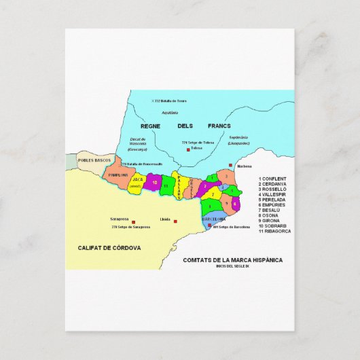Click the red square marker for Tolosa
pyautogui.click(x=187, y=148)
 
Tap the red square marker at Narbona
pyautogui.click(x=231, y=165)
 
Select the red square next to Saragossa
pyautogui.click(x=134, y=222)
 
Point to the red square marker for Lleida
pyautogui.click(x=175, y=221)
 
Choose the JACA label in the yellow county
pyautogui.click(x=137, y=179)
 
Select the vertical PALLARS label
pyautogui.click(x=178, y=185)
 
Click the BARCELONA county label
pyautogui.click(x=214, y=219)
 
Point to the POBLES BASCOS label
pyautogui.click(x=94, y=160)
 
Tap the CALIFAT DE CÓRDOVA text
pyautogui.click(x=109, y=249)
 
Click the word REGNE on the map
pyautogui.click(x=149, y=126)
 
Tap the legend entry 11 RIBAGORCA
pyautogui.click(x=274, y=231)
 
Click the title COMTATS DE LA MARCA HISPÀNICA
pyautogui.click(x=232, y=259)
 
